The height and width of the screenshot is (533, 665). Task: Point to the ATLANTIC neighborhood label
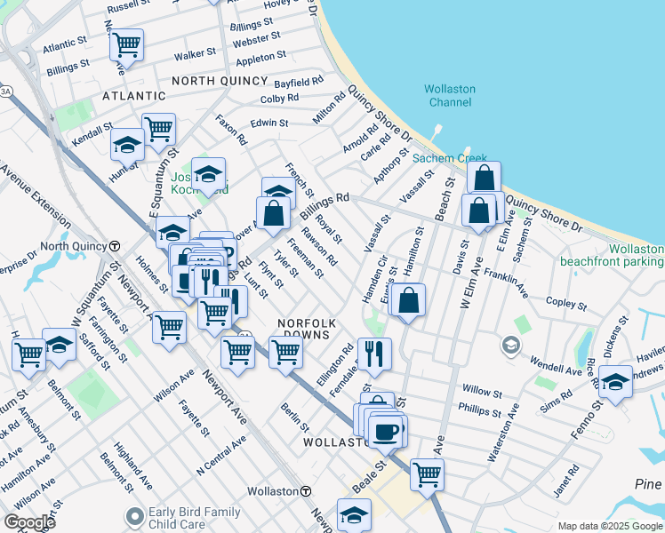coord(133,95)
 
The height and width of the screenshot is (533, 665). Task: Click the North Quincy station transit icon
coord(115,246)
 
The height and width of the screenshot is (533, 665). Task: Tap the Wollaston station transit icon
coord(306,491)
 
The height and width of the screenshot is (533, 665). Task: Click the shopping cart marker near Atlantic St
coord(127,44)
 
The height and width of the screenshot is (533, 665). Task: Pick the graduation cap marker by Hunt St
coord(127,143)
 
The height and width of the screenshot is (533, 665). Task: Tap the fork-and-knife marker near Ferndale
coord(374,353)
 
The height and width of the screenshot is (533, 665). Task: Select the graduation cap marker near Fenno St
coord(615,381)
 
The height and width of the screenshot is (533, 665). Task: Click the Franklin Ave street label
coord(508,284)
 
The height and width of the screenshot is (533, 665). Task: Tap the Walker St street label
coord(195,54)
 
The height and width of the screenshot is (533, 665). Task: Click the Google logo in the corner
coord(29,522)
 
